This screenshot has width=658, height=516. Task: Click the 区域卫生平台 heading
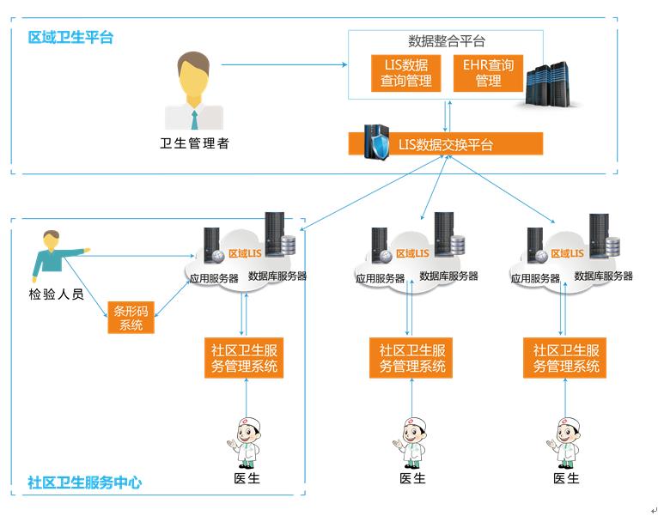coord(70,38)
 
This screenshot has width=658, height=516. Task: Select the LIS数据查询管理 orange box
coord(406,74)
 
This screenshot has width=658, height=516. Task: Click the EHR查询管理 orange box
coord(488,74)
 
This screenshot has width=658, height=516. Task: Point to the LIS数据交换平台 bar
coord(446,144)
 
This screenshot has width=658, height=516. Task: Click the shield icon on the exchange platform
coord(376,142)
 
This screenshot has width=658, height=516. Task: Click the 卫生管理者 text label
coord(195,143)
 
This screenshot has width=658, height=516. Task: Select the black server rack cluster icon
coord(551,84)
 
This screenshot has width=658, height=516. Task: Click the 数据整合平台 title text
coord(446,41)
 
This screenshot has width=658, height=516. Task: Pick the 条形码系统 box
coord(131,318)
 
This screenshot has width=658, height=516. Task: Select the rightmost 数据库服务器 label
coord(603,276)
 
